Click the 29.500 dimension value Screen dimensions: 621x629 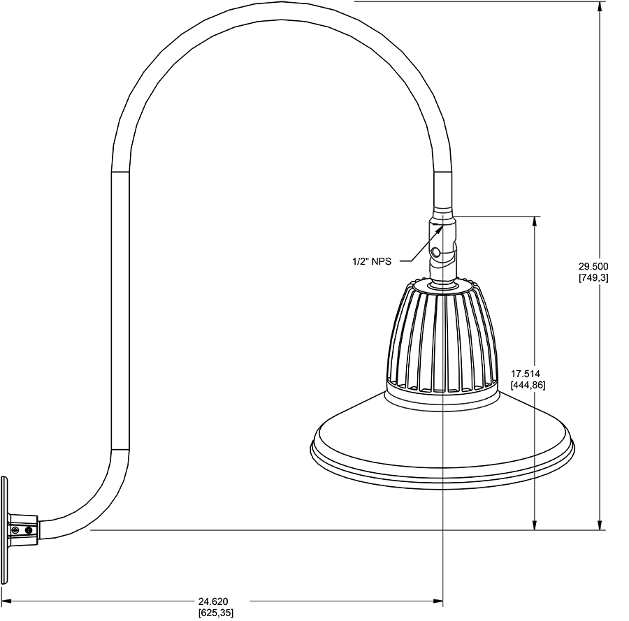593,266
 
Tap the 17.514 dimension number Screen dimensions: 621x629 525,374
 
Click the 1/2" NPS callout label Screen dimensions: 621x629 371,261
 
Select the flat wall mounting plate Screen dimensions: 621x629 4,530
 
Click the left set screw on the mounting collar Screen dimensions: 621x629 15,531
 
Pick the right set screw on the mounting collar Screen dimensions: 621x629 29,531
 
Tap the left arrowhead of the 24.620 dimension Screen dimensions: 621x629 6,600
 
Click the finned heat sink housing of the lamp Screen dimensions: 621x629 442,335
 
